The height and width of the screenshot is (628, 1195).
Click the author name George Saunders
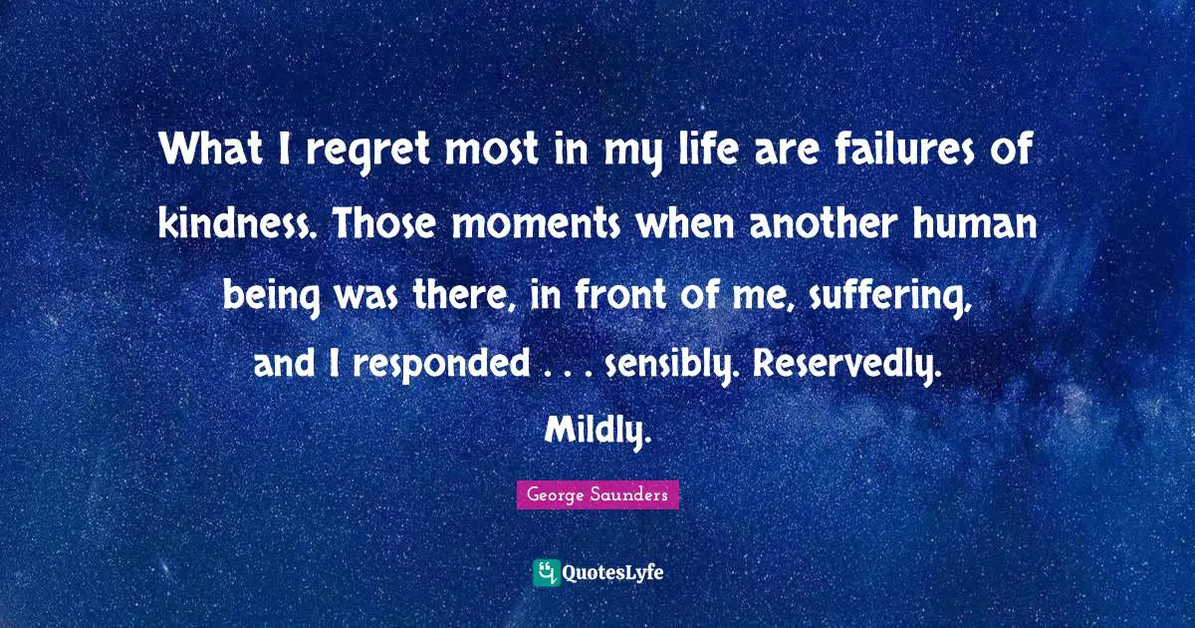pos(597,494)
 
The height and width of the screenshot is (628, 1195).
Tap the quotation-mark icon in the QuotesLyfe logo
pos(547,572)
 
